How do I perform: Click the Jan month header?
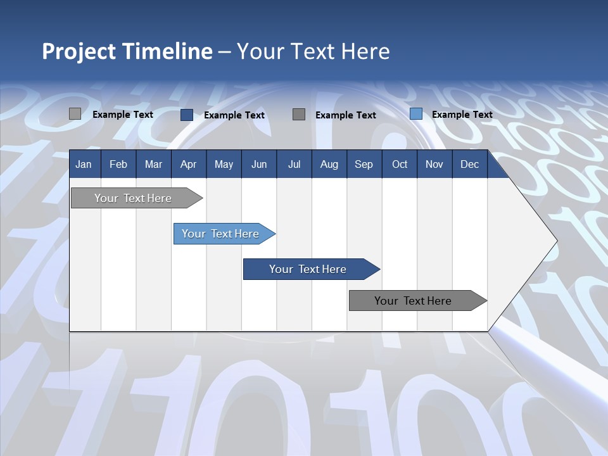point(84,165)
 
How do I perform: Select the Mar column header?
point(153,165)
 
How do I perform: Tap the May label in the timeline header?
point(224,165)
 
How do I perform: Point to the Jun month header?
point(259,165)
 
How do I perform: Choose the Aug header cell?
point(329,165)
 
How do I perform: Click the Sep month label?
point(364,165)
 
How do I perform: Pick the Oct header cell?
point(400,165)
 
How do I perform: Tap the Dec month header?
point(469,165)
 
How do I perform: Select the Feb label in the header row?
point(118,165)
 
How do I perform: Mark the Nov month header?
point(434,165)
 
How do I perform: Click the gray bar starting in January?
point(134,198)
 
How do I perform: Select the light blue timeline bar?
point(221,234)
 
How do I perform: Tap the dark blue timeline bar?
point(308,269)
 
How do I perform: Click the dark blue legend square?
point(187,115)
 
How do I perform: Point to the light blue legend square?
point(416,114)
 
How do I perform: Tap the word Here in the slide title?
point(365,51)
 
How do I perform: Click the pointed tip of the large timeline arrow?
point(555,241)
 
